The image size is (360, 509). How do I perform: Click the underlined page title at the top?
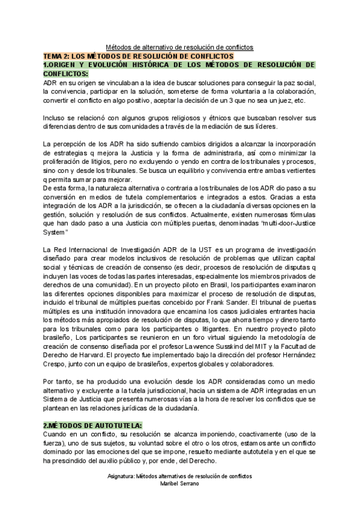[179, 47]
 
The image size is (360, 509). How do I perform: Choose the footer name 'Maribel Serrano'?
[179, 483]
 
